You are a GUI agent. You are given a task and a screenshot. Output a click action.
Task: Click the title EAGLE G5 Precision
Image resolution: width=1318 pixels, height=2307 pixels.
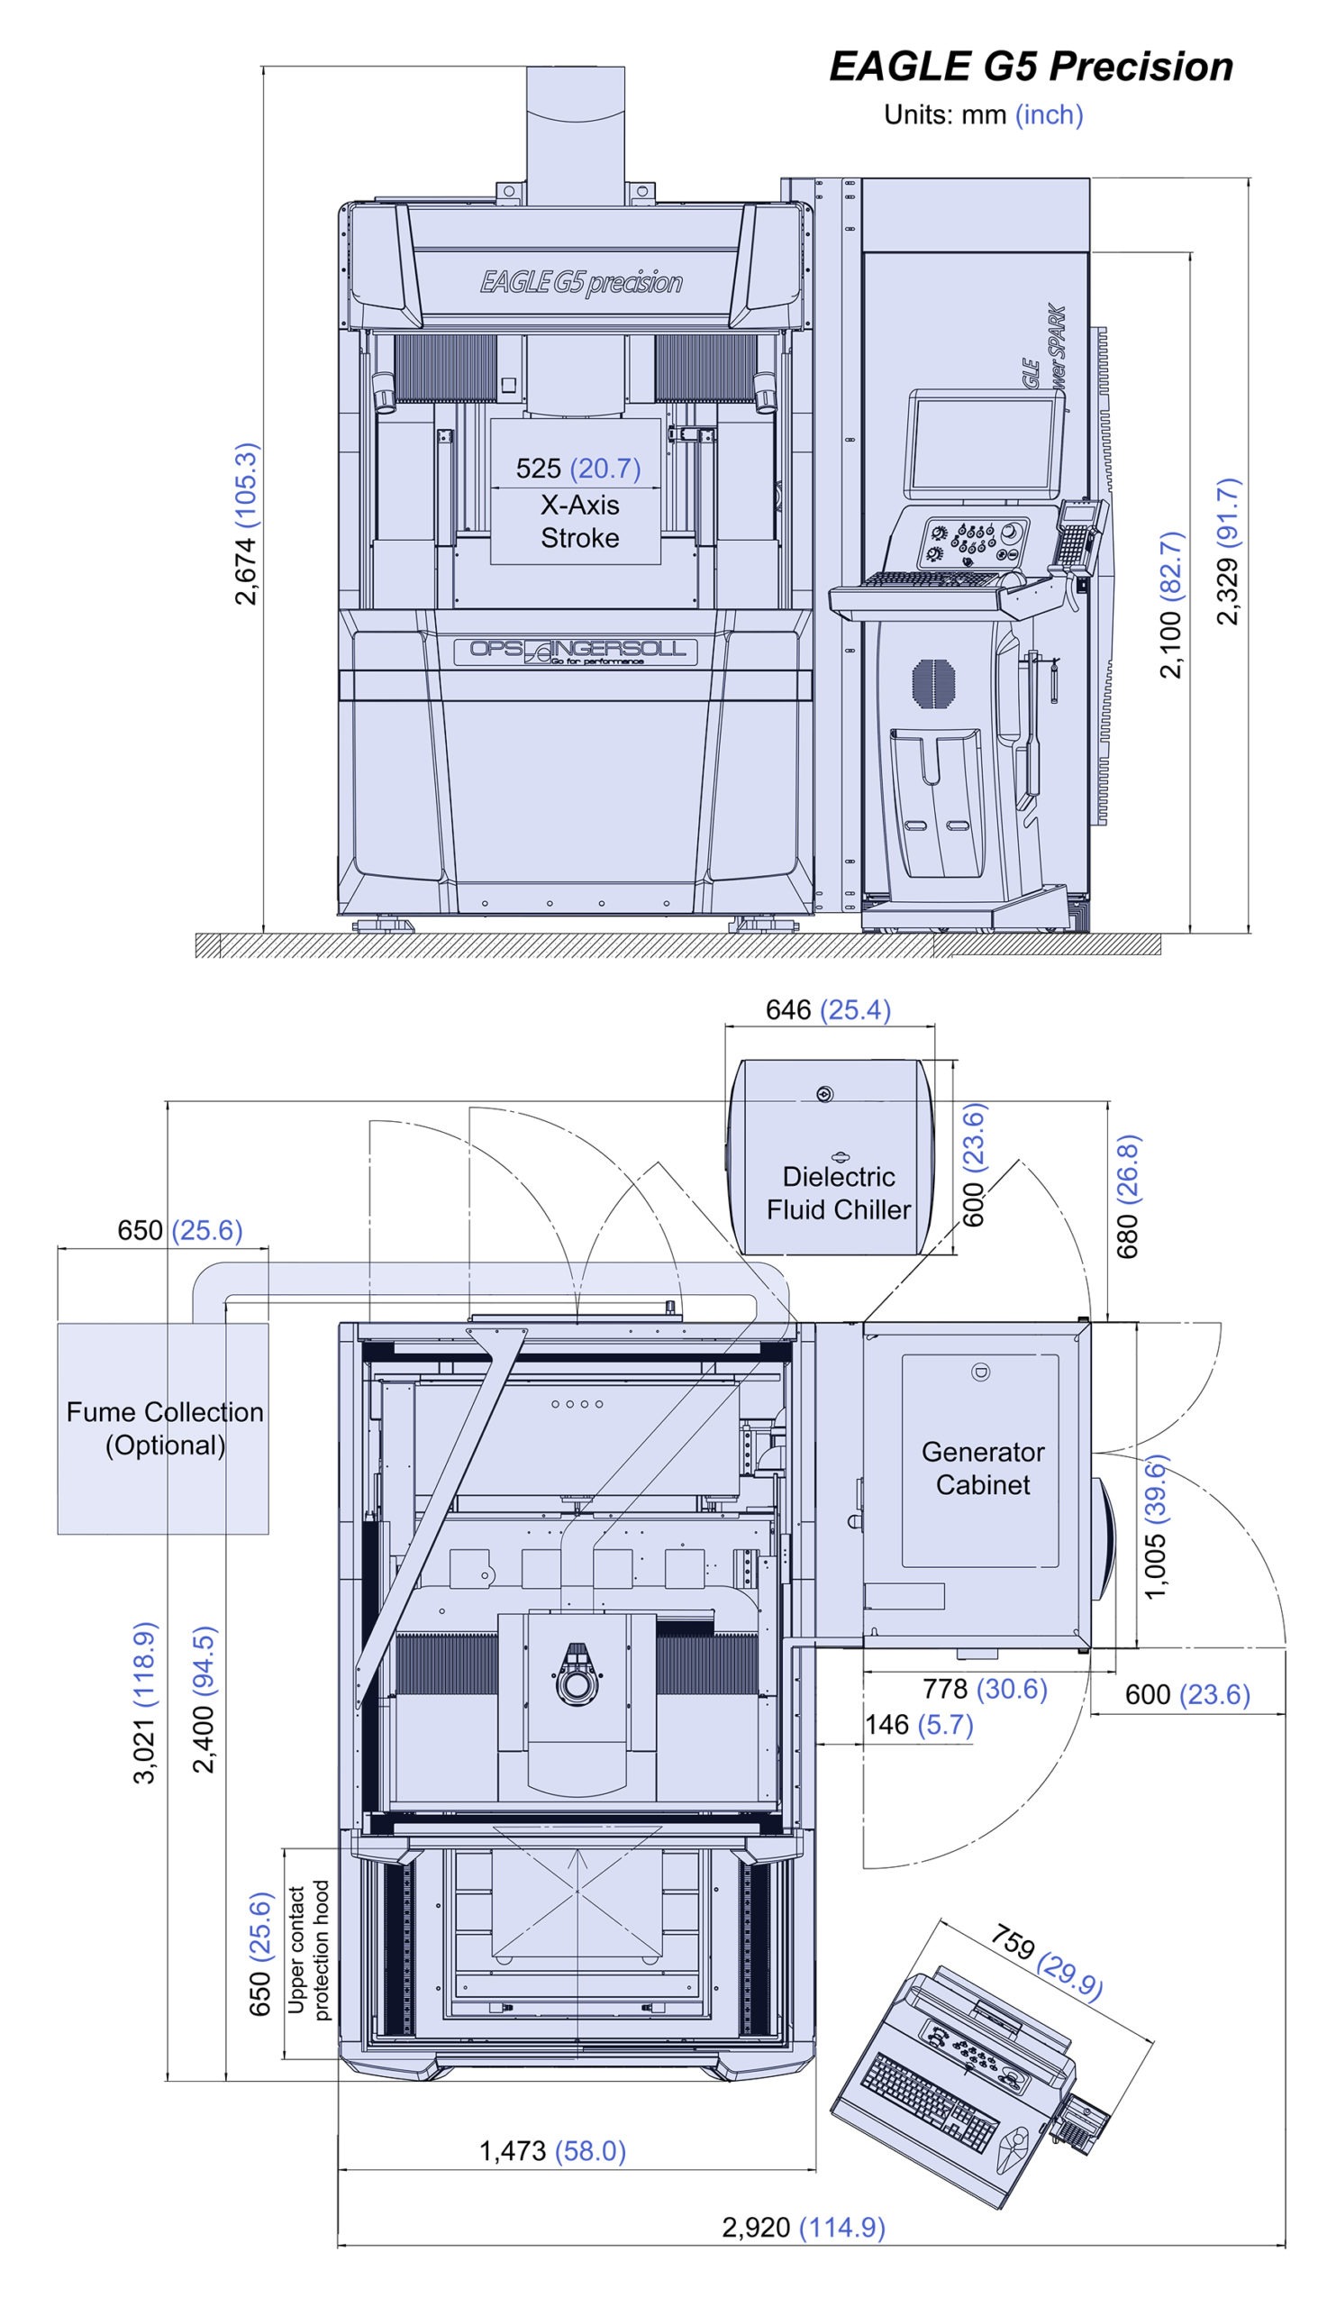[1031, 67]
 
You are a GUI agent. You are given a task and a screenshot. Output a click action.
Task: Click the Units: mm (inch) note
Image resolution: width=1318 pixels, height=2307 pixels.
[983, 115]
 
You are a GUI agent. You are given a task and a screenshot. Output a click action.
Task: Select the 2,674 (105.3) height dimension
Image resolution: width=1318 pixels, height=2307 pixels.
[246, 524]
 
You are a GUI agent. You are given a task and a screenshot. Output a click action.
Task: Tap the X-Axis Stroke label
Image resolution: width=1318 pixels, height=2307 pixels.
[580, 522]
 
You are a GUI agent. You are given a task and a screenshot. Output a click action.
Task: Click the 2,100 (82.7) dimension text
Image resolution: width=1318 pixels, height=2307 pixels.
[1171, 605]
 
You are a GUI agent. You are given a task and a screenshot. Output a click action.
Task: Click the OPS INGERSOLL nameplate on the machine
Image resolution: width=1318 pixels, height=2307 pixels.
[576, 651]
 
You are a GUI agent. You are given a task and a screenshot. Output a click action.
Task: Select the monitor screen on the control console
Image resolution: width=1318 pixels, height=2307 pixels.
[985, 443]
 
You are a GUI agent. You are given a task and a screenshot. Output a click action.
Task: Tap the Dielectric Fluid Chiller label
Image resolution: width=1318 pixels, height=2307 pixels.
[839, 1193]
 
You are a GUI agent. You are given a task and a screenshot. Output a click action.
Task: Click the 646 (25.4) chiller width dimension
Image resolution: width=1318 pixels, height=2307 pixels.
[828, 1009]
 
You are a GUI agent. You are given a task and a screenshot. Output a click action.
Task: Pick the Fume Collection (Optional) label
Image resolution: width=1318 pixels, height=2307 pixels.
[165, 1428]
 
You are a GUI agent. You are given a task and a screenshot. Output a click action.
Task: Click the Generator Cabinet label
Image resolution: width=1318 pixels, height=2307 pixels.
[983, 1469]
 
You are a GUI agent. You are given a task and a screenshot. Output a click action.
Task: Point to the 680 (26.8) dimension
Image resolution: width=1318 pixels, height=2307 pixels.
[1128, 1196]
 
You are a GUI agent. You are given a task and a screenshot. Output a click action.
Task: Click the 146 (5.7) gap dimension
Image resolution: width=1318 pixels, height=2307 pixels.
[919, 1725]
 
